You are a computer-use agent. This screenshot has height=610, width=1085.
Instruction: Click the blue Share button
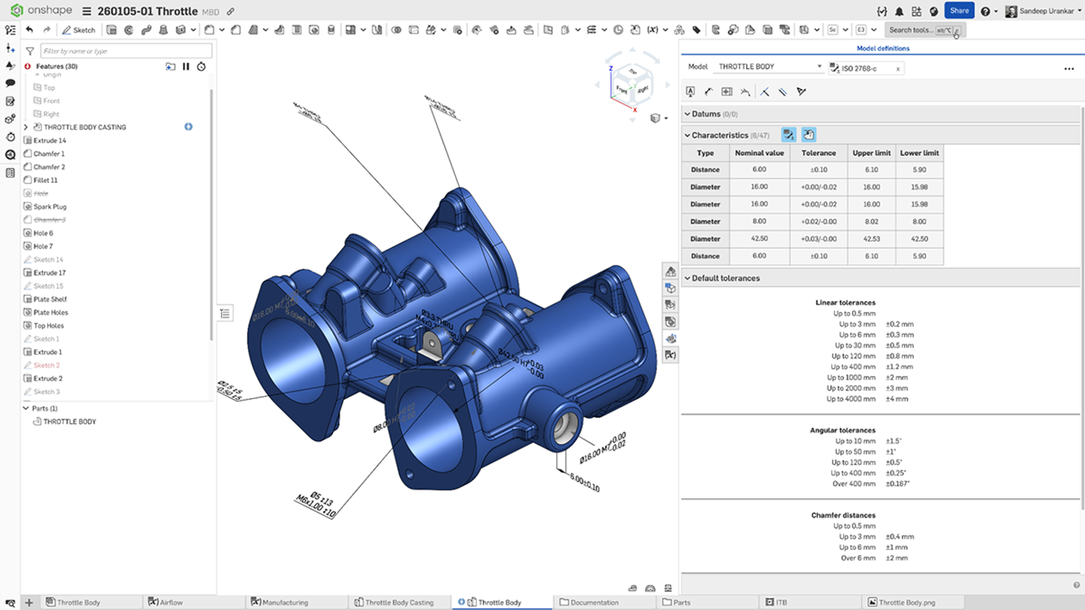coord(959,11)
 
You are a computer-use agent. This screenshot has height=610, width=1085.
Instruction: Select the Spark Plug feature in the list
coord(50,207)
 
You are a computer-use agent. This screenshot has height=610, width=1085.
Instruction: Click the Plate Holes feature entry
coord(50,312)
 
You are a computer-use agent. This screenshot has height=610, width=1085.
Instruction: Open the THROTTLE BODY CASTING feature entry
coord(84,127)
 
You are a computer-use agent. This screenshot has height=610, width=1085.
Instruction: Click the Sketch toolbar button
coord(79,30)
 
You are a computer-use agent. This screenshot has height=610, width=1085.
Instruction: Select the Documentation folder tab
coord(594,602)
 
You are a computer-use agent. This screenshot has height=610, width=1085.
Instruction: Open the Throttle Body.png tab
coord(906,602)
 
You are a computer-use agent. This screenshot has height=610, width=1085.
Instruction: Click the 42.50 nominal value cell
coord(759,239)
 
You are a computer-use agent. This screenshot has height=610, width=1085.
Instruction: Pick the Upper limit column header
coord(871,153)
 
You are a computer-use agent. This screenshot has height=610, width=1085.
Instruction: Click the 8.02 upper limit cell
coord(871,222)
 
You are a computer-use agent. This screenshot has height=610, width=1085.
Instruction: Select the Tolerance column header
coord(818,153)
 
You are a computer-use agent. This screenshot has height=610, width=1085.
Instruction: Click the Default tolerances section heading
coord(725,278)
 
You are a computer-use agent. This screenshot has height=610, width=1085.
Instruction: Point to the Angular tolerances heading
coord(842,430)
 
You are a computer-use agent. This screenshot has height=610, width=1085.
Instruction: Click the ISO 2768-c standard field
coord(863,68)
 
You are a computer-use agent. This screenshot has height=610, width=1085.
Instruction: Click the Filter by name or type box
coord(125,51)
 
